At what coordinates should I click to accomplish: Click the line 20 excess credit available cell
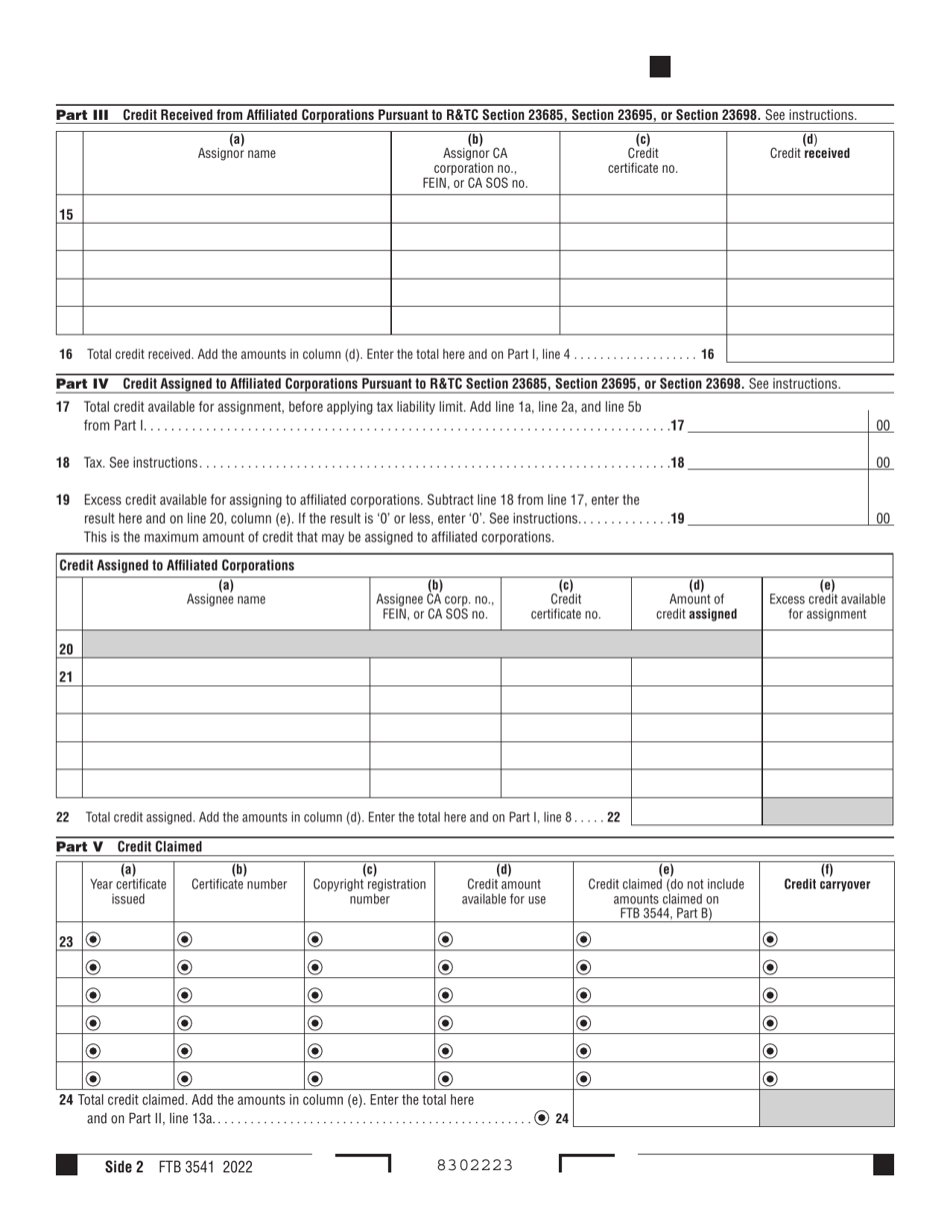(x=827, y=645)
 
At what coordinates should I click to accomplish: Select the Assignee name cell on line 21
(x=226, y=672)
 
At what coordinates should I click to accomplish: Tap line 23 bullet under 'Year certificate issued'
(x=93, y=939)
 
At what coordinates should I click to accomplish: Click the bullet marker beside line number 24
(x=541, y=1118)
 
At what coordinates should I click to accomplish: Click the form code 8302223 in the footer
(x=475, y=1165)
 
